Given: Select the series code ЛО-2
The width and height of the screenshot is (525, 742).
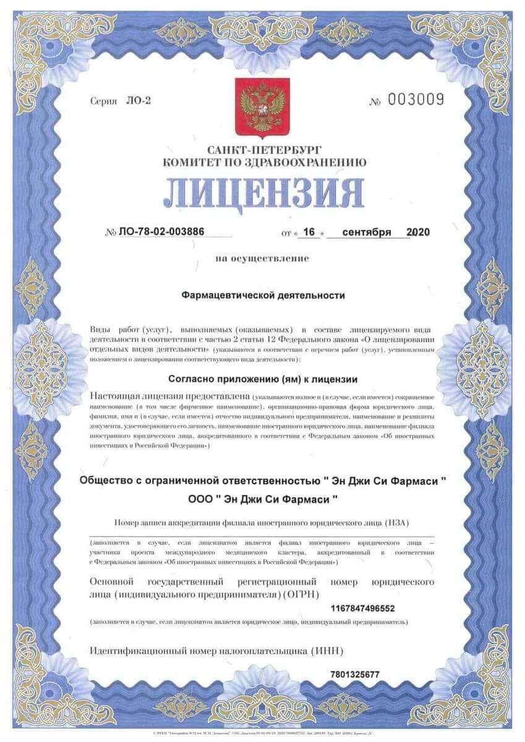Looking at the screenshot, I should coord(139,100).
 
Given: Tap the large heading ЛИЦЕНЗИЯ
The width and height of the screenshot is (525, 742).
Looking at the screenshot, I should coord(263,193).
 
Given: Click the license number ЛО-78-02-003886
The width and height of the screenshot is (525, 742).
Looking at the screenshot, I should coord(160,232).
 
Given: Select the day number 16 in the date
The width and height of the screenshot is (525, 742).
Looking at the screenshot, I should coord(309,232).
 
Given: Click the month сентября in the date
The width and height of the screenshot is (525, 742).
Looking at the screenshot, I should coord(367,232).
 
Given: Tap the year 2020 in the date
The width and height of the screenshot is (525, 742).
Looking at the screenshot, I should coord(418,232).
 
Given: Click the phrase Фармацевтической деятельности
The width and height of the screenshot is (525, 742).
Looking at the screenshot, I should coord(263,296).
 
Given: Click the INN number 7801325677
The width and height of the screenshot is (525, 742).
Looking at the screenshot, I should coord(355,675).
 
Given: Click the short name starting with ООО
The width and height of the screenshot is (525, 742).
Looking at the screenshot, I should coord(263,498).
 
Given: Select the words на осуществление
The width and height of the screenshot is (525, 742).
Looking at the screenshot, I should coord(262,258).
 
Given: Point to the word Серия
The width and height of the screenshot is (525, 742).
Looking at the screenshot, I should coord(103,101).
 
